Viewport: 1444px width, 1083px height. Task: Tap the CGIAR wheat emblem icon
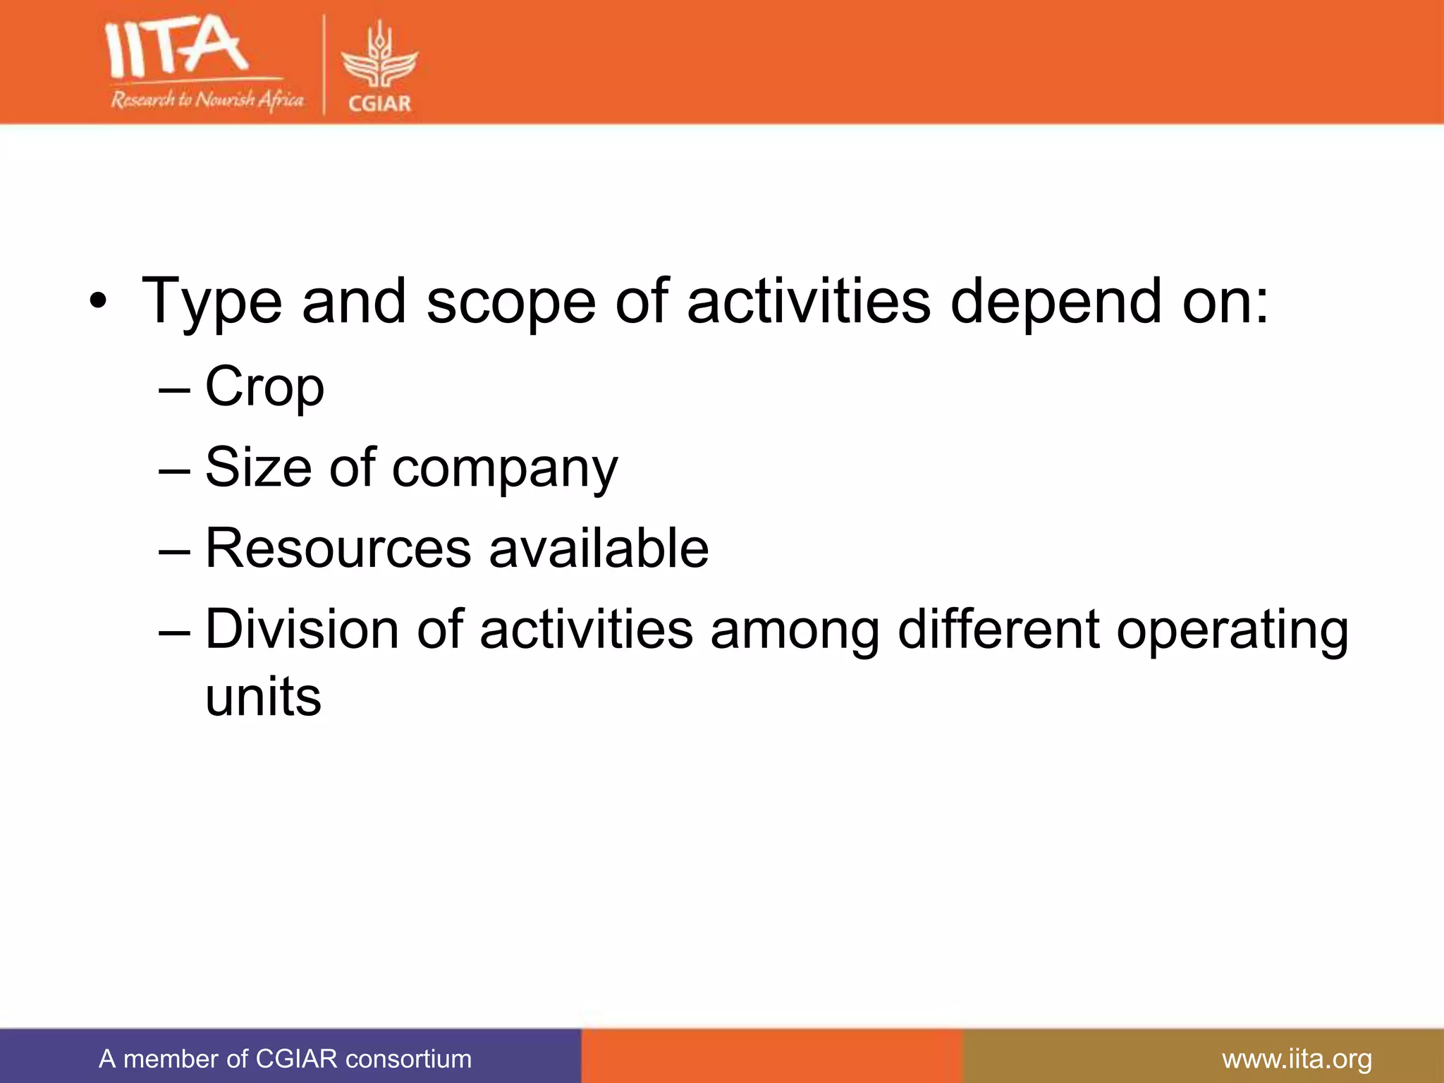pos(379,56)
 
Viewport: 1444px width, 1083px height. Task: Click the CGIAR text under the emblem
pos(379,104)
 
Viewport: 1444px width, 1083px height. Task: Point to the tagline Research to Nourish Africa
pos(207,99)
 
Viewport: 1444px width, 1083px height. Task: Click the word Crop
pos(264,387)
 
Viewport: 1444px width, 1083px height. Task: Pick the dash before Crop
pos(174,388)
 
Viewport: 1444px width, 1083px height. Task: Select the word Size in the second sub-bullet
pos(258,467)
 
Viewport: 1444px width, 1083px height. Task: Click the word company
pos(505,470)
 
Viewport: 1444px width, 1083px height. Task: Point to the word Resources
pos(338,549)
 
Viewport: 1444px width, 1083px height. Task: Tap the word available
pos(599,549)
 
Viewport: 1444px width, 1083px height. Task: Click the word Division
pos(302,629)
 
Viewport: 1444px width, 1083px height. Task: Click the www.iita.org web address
pos(1297,1059)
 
